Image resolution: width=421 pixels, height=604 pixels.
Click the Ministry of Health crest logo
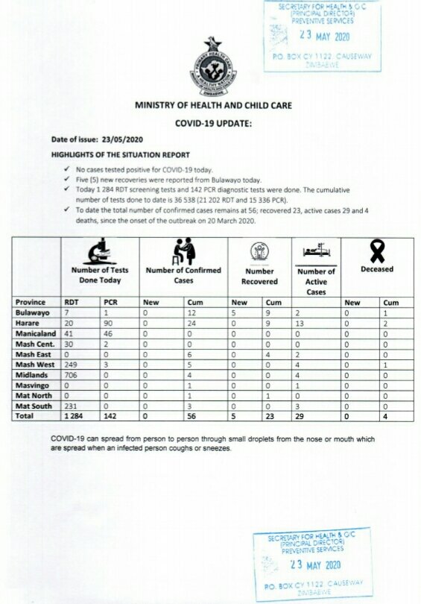click(x=213, y=69)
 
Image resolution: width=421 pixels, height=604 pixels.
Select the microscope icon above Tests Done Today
click(x=98, y=251)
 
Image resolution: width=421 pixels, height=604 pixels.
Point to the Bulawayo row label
click(x=33, y=313)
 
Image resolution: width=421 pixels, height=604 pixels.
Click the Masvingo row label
click(x=33, y=386)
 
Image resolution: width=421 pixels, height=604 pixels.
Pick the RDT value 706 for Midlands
click(x=72, y=375)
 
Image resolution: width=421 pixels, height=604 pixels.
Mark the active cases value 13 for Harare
click(x=300, y=324)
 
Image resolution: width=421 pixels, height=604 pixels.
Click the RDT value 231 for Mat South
click(x=72, y=406)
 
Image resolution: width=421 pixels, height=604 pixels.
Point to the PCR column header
click(x=111, y=302)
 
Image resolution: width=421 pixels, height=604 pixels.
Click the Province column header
click(x=31, y=302)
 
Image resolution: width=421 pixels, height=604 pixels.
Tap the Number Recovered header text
click(x=259, y=276)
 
